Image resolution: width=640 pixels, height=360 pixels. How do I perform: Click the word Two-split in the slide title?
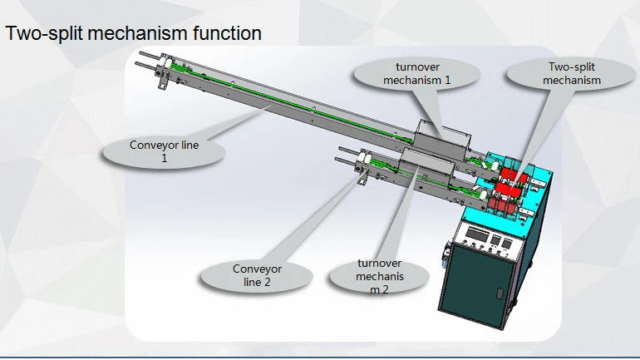(44, 33)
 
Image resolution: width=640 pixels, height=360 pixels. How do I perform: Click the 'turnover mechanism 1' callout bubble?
(416, 73)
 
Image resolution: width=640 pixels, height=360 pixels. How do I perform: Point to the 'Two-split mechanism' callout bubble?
(572, 73)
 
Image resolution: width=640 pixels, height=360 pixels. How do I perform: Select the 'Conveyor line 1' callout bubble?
(164, 152)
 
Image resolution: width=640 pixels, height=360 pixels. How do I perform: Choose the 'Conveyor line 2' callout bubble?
(257, 276)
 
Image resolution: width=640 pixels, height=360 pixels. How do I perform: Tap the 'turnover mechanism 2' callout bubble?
(379, 277)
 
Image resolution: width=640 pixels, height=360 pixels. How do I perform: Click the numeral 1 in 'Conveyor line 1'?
(164, 158)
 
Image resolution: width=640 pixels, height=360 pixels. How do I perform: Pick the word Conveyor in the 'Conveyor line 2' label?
(257, 269)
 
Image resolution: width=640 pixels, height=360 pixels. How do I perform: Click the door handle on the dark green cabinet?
(500, 293)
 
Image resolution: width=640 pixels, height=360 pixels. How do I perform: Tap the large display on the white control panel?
(477, 234)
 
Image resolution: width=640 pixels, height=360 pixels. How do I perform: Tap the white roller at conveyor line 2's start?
(364, 159)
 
